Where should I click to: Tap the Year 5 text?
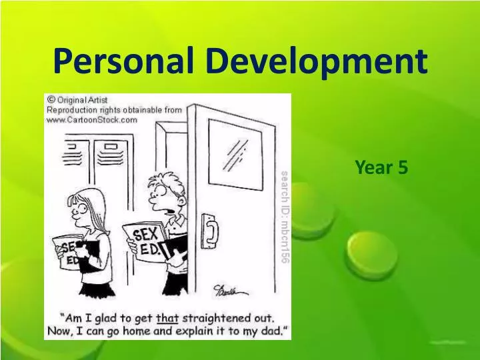381,168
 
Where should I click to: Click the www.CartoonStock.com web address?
91,120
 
